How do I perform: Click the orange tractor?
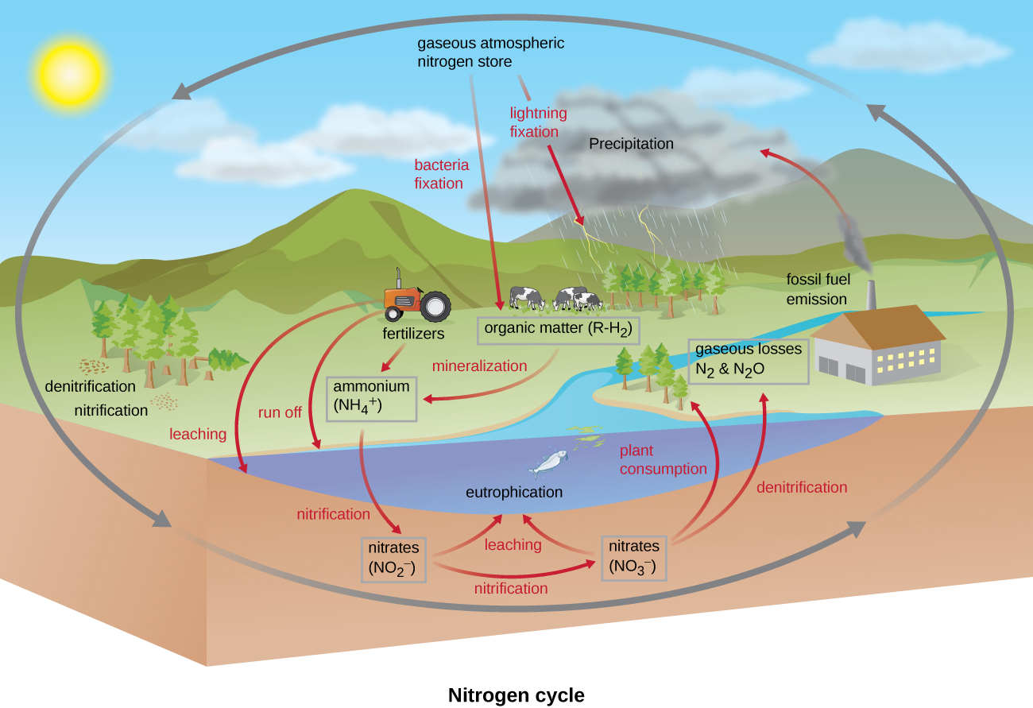(x=413, y=300)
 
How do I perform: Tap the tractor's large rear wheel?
(x=435, y=306)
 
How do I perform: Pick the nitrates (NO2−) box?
(x=394, y=559)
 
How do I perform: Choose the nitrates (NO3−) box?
(x=633, y=556)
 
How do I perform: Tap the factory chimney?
(x=872, y=296)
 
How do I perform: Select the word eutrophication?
(x=513, y=492)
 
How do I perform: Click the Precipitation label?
(x=631, y=144)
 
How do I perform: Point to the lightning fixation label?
(x=534, y=122)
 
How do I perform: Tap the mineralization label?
(x=479, y=366)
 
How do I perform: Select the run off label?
(x=280, y=412)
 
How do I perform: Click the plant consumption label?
(x=663, y=460)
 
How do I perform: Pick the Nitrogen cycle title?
(x=516, y=695)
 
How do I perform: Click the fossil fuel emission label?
(x=818, y=289)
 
